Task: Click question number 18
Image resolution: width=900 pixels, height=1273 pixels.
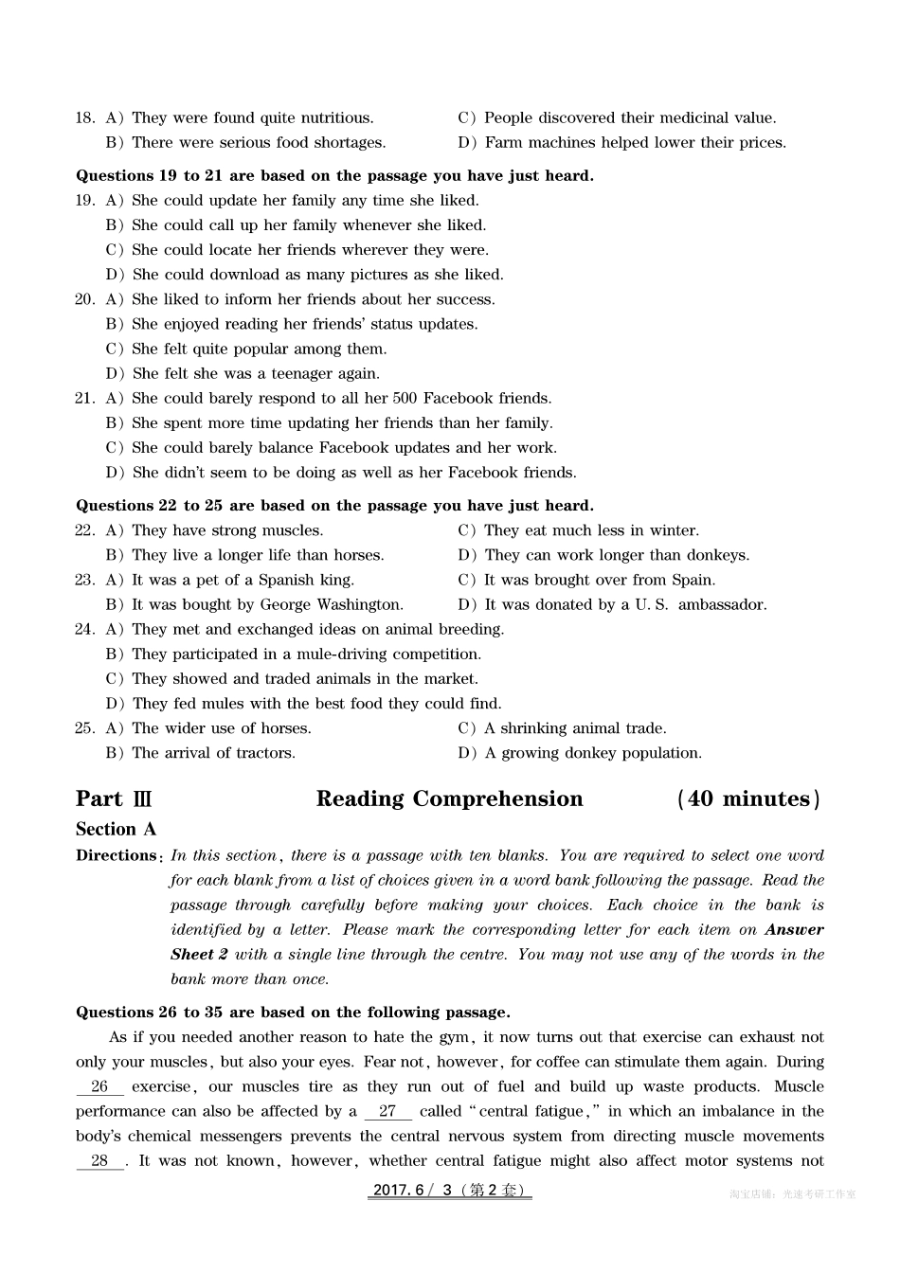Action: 85,118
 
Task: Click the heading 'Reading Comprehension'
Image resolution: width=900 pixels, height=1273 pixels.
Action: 449,799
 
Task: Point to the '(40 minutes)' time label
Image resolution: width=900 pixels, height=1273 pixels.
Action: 748,799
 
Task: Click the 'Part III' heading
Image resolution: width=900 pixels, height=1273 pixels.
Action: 114,799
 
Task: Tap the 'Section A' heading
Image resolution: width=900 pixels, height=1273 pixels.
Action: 116,830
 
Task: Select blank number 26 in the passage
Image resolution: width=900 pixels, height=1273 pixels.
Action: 99,1087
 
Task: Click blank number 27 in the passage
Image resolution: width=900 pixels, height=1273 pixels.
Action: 387,1112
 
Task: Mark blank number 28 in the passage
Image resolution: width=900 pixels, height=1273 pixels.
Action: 99,1161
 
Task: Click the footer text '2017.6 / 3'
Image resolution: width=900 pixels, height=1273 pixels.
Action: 413,1192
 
